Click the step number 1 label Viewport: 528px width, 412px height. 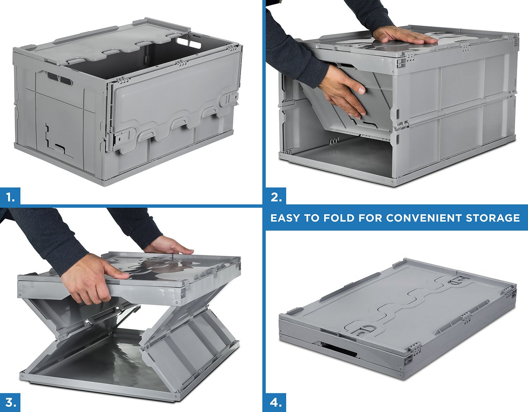tap(10, 198)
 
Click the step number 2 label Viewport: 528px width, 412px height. tap(276, 198)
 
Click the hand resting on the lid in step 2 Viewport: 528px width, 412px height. tap(405, 36)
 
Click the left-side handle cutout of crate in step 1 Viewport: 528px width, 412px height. tap(58, 79)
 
